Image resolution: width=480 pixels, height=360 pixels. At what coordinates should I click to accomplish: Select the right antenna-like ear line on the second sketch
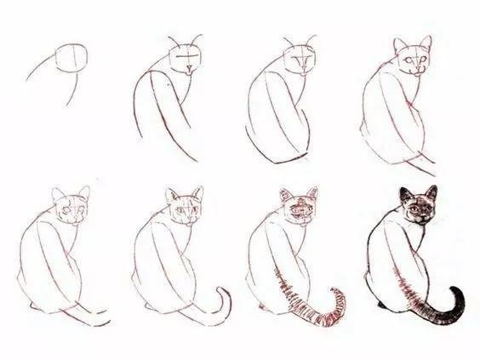tap(199, 41)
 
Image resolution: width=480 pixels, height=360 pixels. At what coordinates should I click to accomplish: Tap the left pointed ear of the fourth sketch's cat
tap(399, 44)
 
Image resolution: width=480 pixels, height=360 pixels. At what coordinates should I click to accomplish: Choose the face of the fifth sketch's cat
tap(71, 209)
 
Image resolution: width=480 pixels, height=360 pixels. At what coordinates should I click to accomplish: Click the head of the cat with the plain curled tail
tap(186, 208)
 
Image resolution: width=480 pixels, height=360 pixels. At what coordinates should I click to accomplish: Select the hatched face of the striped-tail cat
tap(300, 209)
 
